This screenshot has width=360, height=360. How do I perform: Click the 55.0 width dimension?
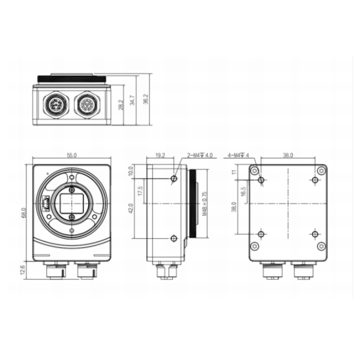pyautogui.click(x=72, y=156)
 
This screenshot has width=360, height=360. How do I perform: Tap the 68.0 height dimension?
pyautogui.click(x=24, y=213)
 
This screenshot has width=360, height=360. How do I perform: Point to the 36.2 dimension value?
pyautogui.click(x=146, y=99)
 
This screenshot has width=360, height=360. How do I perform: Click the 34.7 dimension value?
pyautogui.click(x=132, y=100)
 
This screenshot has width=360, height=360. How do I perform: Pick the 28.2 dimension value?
pyautogui.click(x=121, y=105)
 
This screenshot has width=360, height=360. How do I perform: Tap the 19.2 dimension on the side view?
pyautogui.click(x=160, y=156)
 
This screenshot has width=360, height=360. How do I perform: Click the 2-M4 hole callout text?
pyautogui.click(x=200, y=156)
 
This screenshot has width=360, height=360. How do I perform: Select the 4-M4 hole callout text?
pyautogui.click(x=238, y=156)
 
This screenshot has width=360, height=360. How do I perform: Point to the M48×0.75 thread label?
pyautogui.click(x=204, y=204)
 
